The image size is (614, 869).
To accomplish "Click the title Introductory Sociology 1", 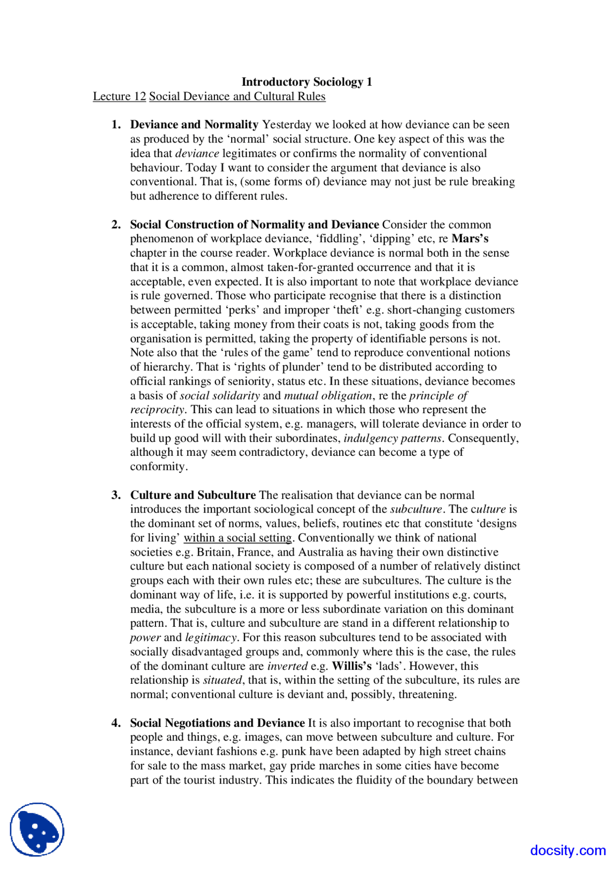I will click(307, 82).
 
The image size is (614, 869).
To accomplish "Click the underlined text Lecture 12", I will click(119, 96).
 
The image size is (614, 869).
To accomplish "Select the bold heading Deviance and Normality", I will click(194, 125).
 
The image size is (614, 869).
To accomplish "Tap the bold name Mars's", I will click(470, 239).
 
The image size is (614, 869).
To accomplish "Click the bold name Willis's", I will click(352, 666).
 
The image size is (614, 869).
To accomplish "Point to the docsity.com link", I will click(567, 850).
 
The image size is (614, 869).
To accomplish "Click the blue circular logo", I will click(37, 829).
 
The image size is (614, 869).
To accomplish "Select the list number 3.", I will click(116, 495).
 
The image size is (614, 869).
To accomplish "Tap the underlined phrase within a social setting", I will click(237, 538).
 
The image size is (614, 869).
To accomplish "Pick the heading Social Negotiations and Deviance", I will click(217, 723).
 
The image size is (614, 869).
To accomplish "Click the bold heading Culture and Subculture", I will click(193, 495).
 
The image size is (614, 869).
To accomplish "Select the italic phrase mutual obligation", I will click(328, 396).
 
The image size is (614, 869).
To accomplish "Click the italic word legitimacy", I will click(211, 638).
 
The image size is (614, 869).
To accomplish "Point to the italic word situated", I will click(223, 680).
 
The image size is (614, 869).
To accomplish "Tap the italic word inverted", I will click(287, 666).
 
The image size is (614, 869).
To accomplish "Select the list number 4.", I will click(116, 723).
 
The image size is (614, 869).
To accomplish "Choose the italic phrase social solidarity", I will click(220, 396).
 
